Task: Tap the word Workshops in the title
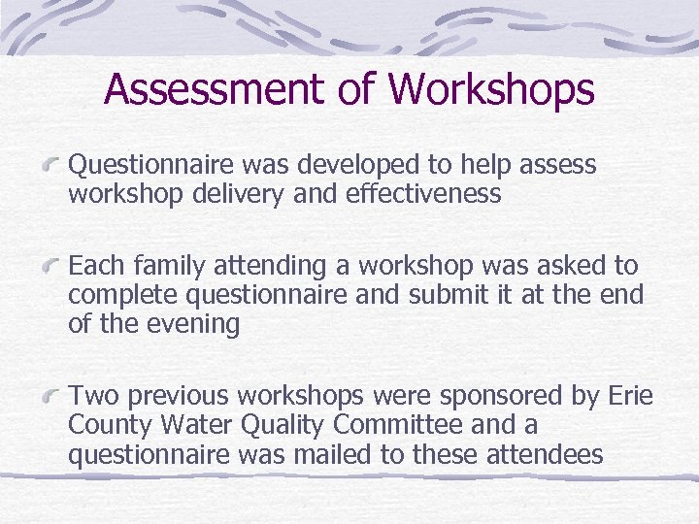[490, 88]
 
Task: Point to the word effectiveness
[423, 194]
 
